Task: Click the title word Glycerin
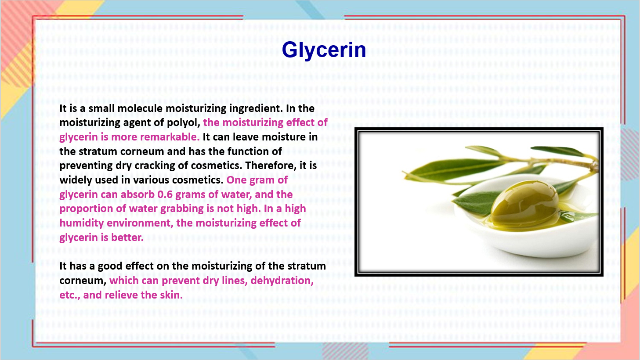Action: pyautogui.click(x=324, y=50)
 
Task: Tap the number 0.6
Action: pyautogui.click(x=165, y=194)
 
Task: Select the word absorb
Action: pyautogui.click(x=137, y=194)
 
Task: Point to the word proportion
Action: pyautogui.click(x=86, y=209)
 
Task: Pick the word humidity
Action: pyautogui.click(x=81, y=223)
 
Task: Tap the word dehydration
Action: pyautogui.click(x=282, y=281)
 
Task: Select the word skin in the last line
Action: pyautogui.click(x=171, y=295)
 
